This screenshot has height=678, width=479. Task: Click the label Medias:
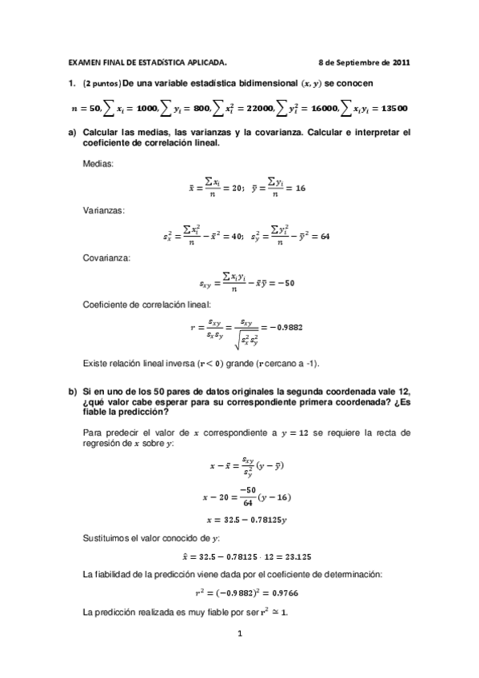coord(98,163)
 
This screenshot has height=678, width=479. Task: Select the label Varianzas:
coord(103,210)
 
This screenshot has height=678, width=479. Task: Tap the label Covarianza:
coord(105,257)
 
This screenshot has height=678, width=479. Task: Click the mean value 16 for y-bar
coord(301,188)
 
